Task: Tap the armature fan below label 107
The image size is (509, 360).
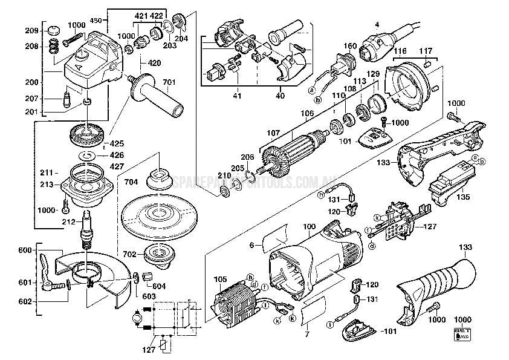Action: tap(273, 161)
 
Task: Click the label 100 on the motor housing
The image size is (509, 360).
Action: tap(309, 226)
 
